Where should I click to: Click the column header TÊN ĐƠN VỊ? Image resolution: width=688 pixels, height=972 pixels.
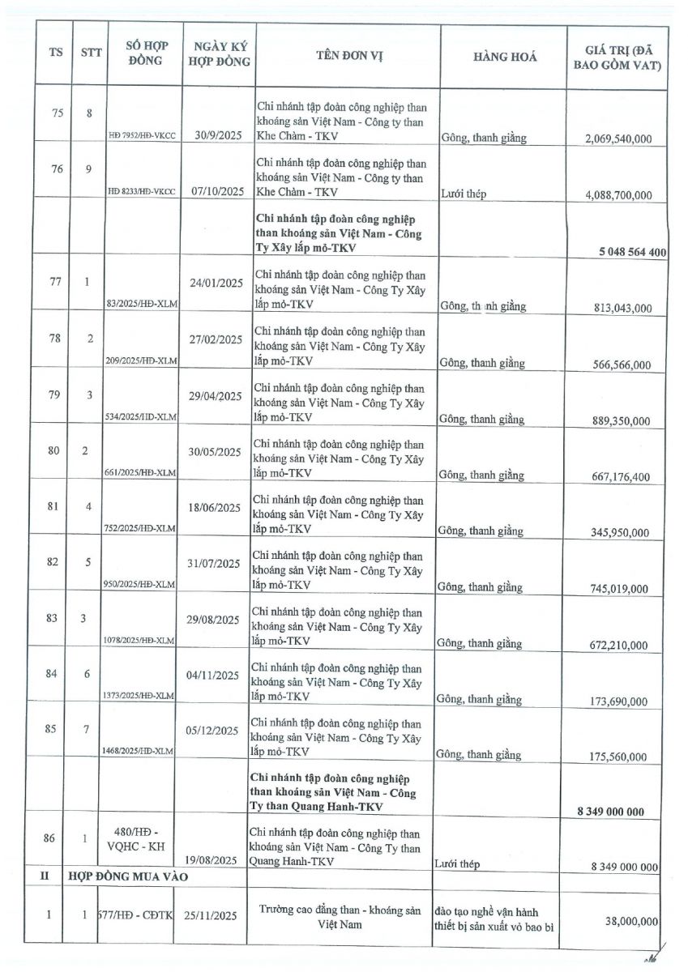(x=349, y=56)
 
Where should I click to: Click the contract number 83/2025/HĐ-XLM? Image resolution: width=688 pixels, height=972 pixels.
(x=142, y=304)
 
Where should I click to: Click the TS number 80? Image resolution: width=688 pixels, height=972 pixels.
(x=54, y=450)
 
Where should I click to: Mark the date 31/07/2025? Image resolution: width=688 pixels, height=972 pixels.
(x=214, y=564)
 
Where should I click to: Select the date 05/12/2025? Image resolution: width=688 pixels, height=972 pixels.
(x=213, y=730)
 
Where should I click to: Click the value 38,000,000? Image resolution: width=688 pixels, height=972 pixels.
(x=630, y=921)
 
